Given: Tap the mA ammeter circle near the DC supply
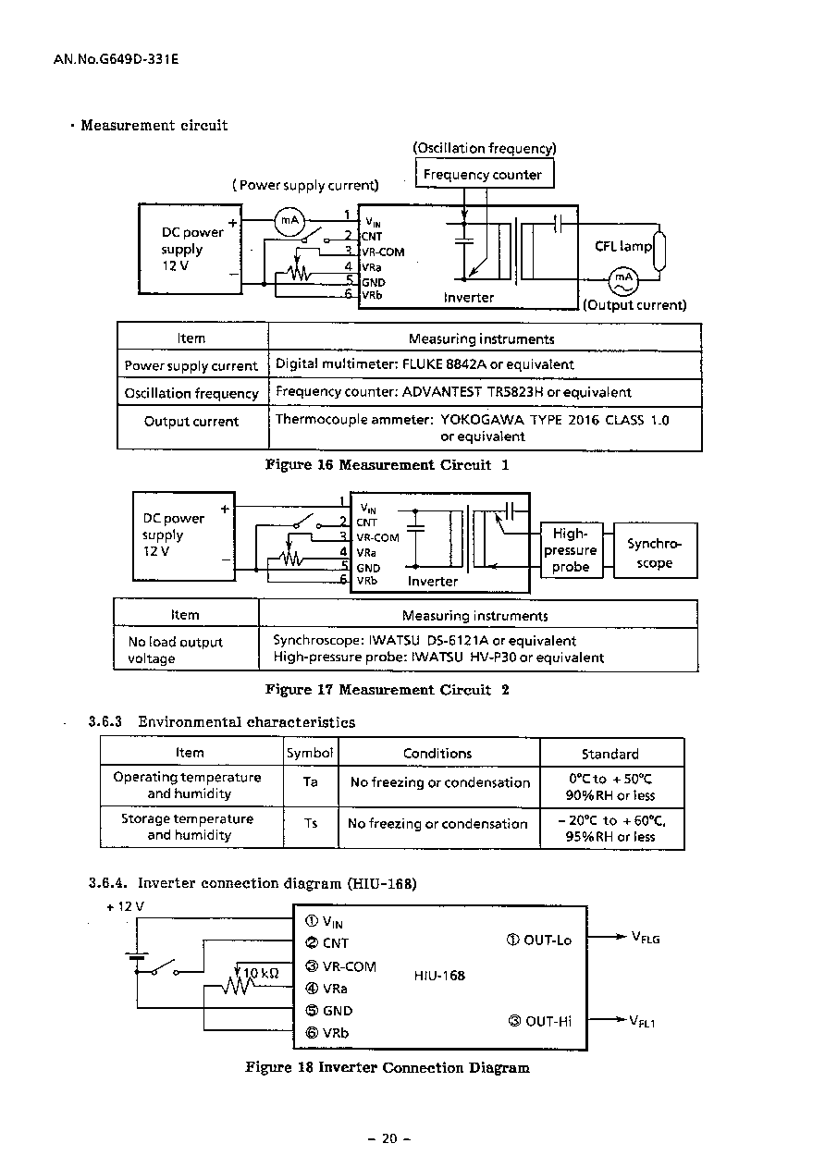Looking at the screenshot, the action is coord(289,221).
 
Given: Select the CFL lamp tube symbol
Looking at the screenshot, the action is coord(659,251).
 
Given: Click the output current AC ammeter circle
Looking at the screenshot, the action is coord(623,280).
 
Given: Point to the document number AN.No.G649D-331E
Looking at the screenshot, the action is coord(116,59).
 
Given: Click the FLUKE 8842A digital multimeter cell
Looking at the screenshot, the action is coord(485,364).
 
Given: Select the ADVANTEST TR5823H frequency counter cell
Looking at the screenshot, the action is coord(485,393).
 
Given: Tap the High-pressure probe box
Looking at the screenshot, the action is coord(571,550).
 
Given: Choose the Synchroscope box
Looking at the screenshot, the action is coord(655,550).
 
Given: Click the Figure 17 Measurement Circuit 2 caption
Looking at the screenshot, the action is coord(387,690).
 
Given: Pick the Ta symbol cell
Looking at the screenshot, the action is coord(311,786).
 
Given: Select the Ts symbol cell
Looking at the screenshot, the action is coord(311,827).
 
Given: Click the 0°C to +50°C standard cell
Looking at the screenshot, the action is coord(611,786).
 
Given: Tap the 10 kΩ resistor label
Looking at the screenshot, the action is coord(261,973).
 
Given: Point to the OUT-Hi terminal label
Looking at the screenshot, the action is coord(540,1021).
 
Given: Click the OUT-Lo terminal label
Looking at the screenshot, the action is coord(539,941).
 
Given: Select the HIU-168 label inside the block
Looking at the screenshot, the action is coord(439,976).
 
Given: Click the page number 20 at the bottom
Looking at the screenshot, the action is coord(389,1138).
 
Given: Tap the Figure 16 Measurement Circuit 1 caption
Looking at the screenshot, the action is coord(387,465).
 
